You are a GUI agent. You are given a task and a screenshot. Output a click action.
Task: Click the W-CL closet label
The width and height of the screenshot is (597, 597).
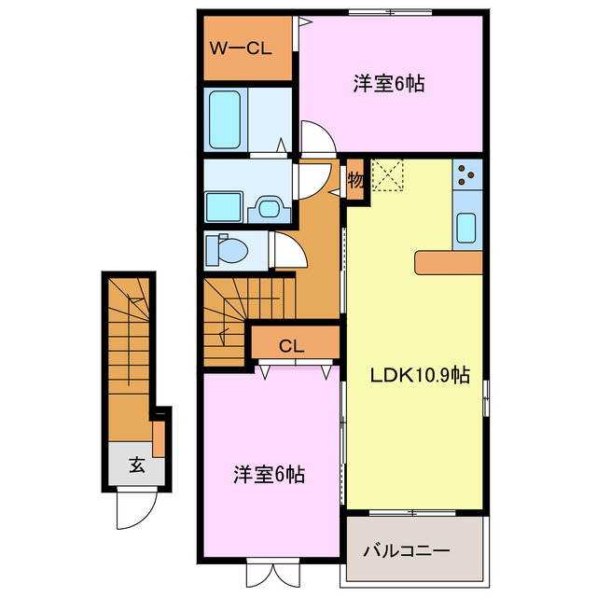(240, 49)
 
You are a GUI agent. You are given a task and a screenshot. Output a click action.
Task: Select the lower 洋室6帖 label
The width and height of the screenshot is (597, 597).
(269, 474)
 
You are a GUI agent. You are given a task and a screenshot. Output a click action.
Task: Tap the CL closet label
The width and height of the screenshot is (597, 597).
(292, 345)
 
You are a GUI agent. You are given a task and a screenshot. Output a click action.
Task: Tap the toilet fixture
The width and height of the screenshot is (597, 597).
(229, 250)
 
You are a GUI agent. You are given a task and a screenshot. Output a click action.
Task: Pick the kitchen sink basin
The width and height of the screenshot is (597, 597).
(466, 227)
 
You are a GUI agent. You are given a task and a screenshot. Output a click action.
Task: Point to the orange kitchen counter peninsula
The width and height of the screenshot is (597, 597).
(449, 263)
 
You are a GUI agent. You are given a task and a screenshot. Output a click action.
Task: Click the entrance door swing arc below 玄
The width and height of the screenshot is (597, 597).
(131, 508)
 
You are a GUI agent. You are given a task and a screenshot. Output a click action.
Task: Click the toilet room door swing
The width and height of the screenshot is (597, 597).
(284, 250)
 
